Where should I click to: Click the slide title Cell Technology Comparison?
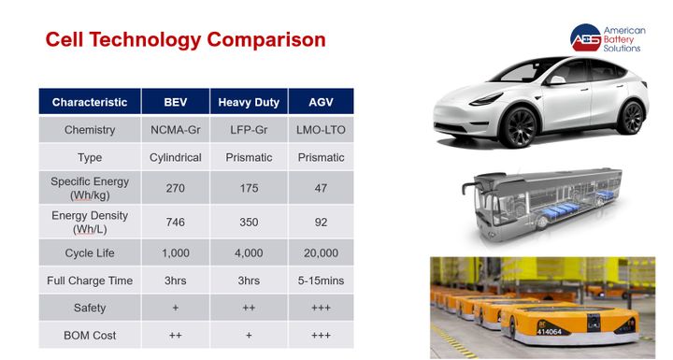[x=186, y=39]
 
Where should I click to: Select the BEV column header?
[x=176, y=102]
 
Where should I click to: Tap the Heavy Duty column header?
[x=249, y=102]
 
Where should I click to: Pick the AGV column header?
[x=321, y=102]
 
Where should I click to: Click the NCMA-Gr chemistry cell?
[x=176, y=130]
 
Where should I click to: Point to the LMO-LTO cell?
[x=321, y=130]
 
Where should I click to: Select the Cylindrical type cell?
[x=176, y=158]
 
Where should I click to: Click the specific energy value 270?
[x=176, y=188]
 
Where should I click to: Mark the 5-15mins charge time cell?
[x=321, y=280]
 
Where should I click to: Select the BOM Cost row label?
[x=90, y=335]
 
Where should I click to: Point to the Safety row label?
[x=90, y=308]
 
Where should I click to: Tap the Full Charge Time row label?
[x=90, y=280]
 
